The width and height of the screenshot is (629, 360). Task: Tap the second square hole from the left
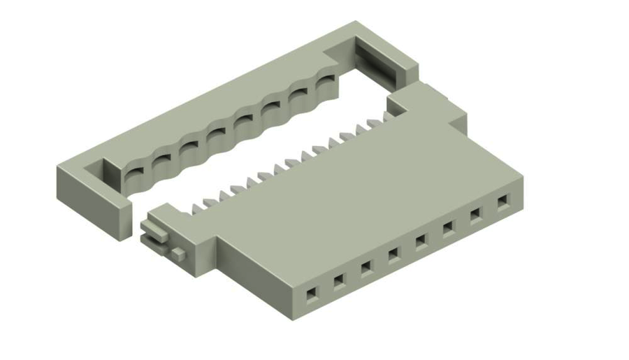338,280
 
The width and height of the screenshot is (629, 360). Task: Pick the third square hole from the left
366,267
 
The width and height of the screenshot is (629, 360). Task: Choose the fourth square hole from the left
393,254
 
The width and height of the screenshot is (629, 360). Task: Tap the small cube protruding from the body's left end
180,252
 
